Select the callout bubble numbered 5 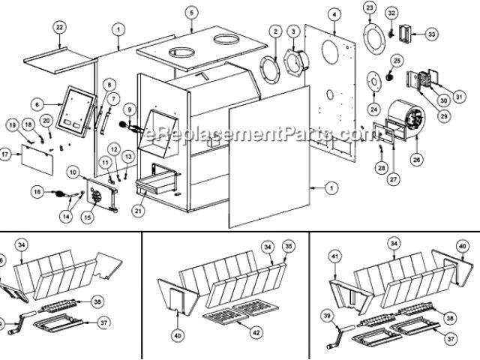[191, 13]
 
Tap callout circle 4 [334, 13]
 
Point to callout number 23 [369, 7]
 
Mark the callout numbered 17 [5, 155]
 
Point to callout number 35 [289, 245]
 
